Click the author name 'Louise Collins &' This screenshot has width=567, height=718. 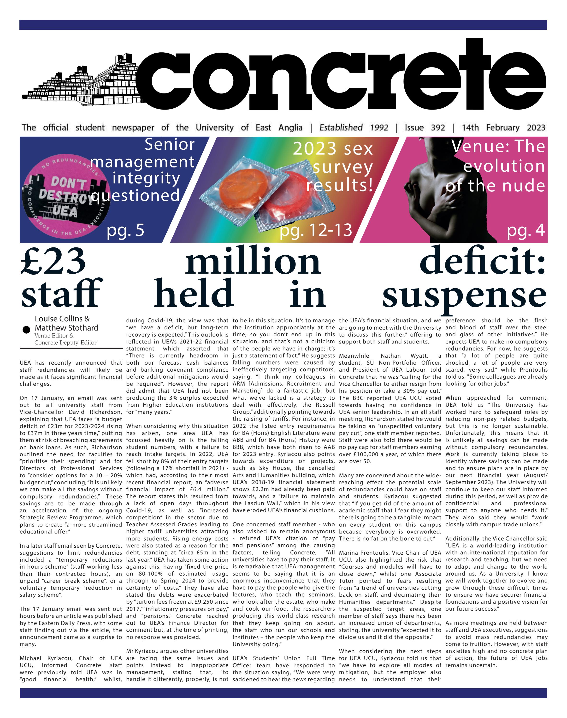62,319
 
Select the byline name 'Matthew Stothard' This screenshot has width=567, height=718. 66,328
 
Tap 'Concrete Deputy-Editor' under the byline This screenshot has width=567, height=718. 65,343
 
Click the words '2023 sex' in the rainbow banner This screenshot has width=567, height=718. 333,149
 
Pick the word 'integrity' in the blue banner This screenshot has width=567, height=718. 146,178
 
